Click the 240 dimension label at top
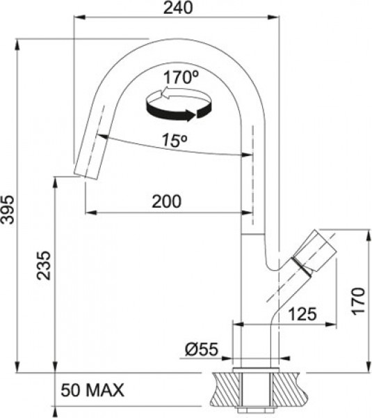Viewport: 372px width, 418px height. (x=178, y=8)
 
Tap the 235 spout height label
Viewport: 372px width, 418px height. (x=43, y=265)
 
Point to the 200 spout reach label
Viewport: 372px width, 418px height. (x=167, y=201)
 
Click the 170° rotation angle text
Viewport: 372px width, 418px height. (x=181, y=77)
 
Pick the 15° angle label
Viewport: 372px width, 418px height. (x=175, y=140)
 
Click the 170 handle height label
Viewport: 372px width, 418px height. (x=358, y=301)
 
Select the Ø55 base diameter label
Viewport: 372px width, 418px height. (x=202, y=349)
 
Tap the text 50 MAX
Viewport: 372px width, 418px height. (x=92, y=390)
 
